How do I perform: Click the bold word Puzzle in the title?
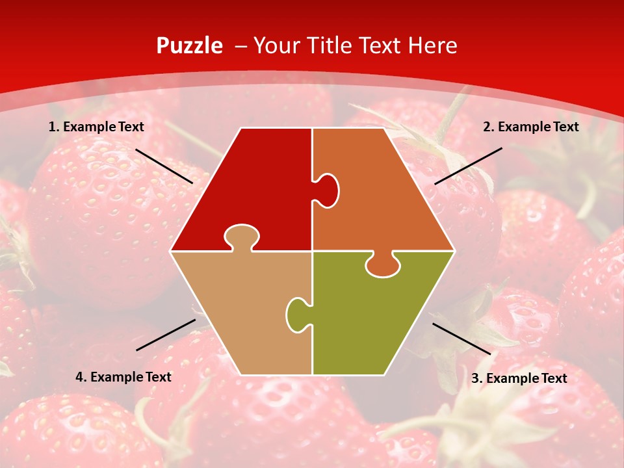[x=189, y=45]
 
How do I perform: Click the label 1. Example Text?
[x=96, y=127]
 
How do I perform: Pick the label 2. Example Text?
[x=530, y=127]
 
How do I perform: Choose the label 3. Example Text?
[x=519, y=378]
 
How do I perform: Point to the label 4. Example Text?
[x=123, y=377]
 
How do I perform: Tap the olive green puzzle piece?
[x=377, y=318]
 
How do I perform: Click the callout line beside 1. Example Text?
[x=164, y=166]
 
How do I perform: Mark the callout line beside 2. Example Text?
[x=468, y=166]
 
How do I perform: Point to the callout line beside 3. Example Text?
[x=461, y=339]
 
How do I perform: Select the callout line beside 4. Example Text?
[x=166, y=335]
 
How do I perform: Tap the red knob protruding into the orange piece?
[x=327, y=190]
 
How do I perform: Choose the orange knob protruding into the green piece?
[x=382, y=265]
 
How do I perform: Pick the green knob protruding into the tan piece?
[x=297, y=314]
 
